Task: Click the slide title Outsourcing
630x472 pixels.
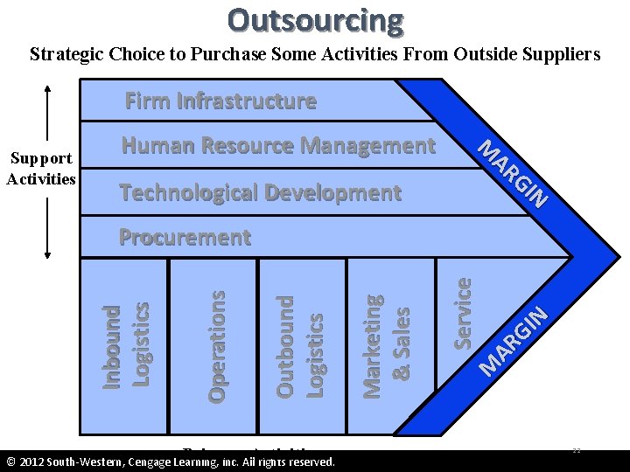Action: click(x=315, y=19)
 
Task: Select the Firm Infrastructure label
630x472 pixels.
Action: click(x=220, y=101)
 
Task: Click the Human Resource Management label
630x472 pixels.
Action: click(x=278, y=146)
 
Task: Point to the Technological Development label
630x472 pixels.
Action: click(x=260, y=192)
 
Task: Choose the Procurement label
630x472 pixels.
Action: click(x=185, y=238)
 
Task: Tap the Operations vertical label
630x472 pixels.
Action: click(x=217, y=346)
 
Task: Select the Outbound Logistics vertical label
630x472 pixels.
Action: click(x=300, y=346)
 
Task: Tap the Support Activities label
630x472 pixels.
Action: click(x=41, y=169)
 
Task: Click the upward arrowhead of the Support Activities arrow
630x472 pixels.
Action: click(x=47, y=87)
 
